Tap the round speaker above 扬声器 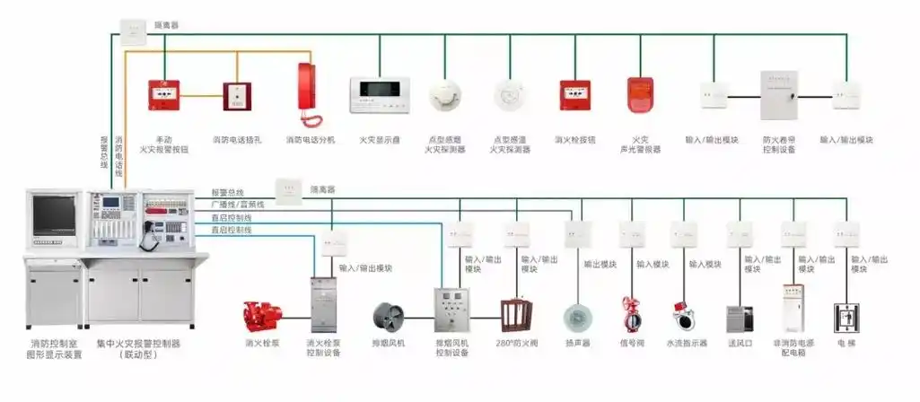577,318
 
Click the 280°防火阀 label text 516,343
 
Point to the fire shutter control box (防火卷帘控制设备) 778,95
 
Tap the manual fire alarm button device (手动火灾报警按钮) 164,94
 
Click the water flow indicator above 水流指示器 684,317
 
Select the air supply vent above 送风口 738,319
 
